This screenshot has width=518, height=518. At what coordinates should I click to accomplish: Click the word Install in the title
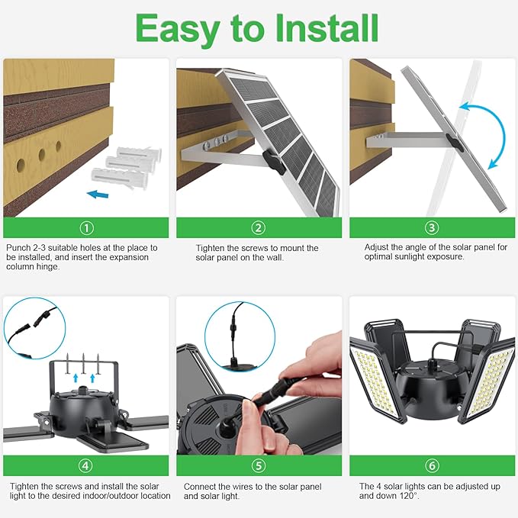327,27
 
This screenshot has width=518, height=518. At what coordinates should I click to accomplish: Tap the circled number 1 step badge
86,227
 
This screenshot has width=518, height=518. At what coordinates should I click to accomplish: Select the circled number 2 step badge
259,227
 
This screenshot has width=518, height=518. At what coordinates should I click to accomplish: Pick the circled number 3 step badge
432,227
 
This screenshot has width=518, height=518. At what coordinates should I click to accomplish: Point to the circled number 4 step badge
85,465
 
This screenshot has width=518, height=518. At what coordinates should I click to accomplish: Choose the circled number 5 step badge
259,465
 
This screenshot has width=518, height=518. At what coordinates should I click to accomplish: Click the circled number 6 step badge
432,465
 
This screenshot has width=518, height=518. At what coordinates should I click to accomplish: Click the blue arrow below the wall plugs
98,195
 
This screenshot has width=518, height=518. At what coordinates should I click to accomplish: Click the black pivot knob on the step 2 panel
274,162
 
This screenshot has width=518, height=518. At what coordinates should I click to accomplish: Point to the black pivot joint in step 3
455,143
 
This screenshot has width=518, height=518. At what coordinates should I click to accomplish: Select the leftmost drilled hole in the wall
21,165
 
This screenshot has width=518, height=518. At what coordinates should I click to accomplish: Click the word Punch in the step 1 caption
18,248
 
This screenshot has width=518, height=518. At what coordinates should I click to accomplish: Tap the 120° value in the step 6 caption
407,496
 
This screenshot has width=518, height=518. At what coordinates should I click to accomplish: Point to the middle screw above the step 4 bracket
83,363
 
